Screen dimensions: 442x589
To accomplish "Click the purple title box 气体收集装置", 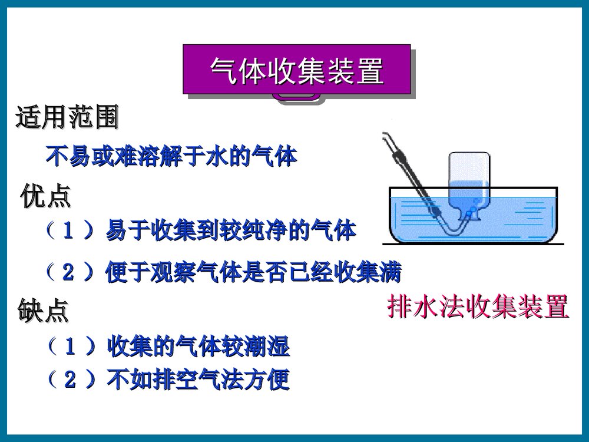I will (x=296, y=70).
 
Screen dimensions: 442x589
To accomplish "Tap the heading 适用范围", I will (x=67, y=118).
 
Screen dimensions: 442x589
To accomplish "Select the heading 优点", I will (x=45, y=196).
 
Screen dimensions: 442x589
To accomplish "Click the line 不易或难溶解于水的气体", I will (x=171, y=157).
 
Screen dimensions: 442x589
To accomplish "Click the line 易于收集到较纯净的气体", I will (x=230, y=231).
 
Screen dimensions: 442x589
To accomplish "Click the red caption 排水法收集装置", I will (x=478, y=307).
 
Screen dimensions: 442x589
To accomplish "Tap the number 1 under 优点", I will (x=68, y=231).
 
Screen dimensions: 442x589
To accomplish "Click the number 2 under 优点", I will (x=68, y=272).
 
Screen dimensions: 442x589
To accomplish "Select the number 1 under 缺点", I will (x=70, y=347).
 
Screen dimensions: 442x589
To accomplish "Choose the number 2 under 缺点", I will (x=70, y=380).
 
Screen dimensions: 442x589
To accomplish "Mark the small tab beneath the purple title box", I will (x=300, y=99).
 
